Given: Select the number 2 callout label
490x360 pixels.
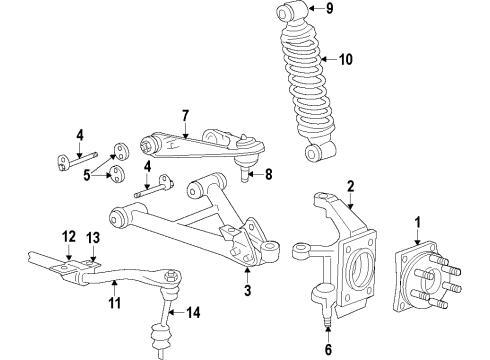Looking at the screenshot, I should coord(351,184).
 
